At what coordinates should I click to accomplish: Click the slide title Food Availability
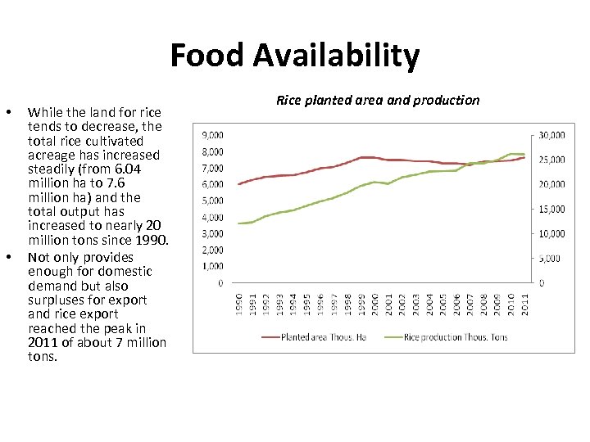pos(295,56)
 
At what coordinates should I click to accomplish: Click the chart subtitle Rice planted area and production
pos(378,100)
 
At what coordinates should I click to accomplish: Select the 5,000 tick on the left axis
pos(211,201)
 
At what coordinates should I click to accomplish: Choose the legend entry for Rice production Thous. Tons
pos(455,336)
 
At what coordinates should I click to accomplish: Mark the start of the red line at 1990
pos(238,183)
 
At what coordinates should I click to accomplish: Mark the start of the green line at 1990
pos(238,223)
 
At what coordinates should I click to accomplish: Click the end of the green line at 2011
pos(524,154)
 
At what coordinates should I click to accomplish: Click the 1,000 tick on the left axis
pos(211,267)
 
